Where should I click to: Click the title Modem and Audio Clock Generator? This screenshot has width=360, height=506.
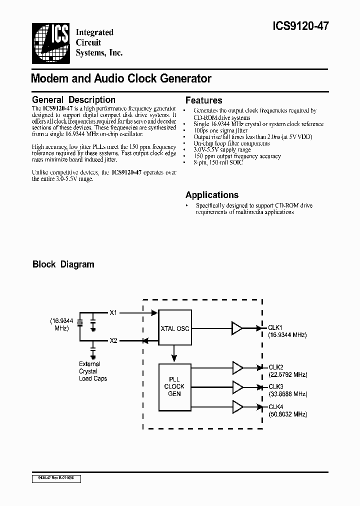(x=121, y=78)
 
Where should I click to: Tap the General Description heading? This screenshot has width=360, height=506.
(x=73, y=100)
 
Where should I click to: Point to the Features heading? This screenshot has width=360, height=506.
(x=203, y=100)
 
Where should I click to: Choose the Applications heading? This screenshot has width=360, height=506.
(x=211, y=195)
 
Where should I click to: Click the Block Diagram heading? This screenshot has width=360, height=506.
(x=63, y=264)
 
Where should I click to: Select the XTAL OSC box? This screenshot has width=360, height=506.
(x=174, y=328)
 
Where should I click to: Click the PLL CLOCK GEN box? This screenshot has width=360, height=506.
(x=174, y=386)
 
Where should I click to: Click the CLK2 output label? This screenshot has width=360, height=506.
(x=276, y=366)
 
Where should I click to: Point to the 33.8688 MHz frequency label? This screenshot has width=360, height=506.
(x=288, y=394)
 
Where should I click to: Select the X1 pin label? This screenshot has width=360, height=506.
(x=113, y=312)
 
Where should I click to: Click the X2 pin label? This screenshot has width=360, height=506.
(x=113, y=340)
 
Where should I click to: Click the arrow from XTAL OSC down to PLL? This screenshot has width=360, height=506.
(x=174, y=354)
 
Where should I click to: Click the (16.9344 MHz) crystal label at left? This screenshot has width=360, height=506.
(x=61, y=324)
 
